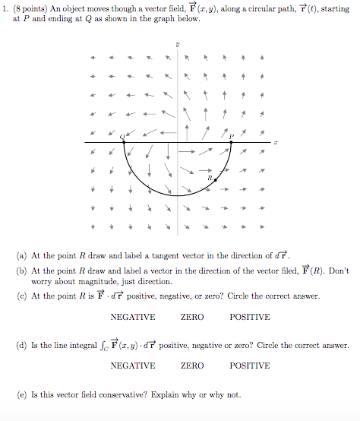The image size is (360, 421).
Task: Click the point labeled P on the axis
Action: coord(231,142)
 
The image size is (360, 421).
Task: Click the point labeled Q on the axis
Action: coord(125,142)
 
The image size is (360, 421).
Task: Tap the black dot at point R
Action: coord(216,181)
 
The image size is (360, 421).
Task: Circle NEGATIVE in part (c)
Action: coord(133,317)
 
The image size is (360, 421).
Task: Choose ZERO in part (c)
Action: coord(192,317)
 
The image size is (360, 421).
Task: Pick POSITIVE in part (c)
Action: coord(249,317)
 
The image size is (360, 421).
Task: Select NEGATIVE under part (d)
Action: coord(133,366)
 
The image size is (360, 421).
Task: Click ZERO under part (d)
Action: coord(192,366)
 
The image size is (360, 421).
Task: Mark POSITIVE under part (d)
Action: coord(249,366)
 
